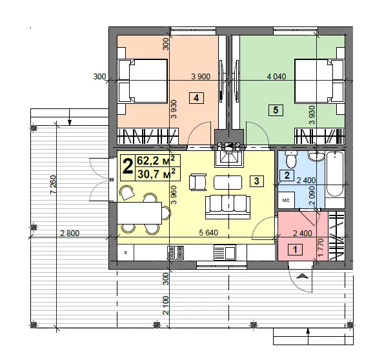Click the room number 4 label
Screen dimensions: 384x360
pyautogui.click(x=196, y=98)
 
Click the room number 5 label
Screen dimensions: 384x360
pyautogui.click(x=276, y=110)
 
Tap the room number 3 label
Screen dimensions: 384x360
pyautogui.click(x=256, y=181)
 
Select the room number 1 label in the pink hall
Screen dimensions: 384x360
pyautogui.click(x=295, y=250)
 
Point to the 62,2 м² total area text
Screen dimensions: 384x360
pyautogui.click(x=156, y=161)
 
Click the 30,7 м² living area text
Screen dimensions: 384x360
pyautogui.click(x=156, y=174)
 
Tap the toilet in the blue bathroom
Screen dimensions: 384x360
pyautogui.click(x=291, y=159)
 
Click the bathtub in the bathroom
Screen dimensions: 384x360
pyautogui.click(x=335, y=174)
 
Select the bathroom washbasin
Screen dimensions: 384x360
pyautogui.click(x=316, y=156)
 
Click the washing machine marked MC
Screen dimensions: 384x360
pyautogui.click(x=286, y=200)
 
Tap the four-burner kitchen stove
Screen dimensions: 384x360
pyautogui.click(x=176, y=252)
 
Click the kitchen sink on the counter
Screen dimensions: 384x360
pyautogui.click(x=225, y=252)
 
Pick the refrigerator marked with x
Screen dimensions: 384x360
pyautogui.click(x=126, y=252)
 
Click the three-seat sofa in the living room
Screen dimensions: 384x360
pyautogui.click(x=228, y=206)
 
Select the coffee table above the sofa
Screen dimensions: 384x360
pyautogui.click(x=228, y=183)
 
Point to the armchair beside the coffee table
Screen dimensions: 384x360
pyautogui.click(x=197, y=182)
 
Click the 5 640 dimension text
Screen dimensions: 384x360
pyautogui.click(x=208, y=232)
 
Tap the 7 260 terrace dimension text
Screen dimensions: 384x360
pyautogui.click(x=53, y=185)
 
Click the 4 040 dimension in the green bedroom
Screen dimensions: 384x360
pyautogui.click(x=276, y=77)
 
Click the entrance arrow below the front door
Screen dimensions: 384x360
pyautogui.click(x=303, y=276)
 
